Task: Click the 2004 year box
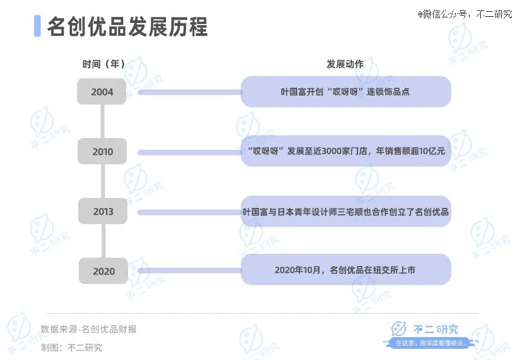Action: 102,92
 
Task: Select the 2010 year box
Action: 102,151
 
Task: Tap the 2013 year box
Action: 103,211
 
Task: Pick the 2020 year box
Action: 103,271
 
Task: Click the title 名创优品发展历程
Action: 127,26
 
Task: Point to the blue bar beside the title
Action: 37,26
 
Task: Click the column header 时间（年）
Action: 103,64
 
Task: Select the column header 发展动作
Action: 345,64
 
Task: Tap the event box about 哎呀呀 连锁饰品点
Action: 346,92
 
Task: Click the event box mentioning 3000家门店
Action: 346,151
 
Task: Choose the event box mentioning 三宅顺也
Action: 346,211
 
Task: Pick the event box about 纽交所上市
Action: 346,269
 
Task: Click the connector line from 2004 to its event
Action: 190,92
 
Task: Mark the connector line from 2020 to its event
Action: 190,270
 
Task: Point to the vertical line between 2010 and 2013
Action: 103,181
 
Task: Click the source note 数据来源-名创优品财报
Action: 89,329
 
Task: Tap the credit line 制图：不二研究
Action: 71,348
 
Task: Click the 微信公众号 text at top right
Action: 465,14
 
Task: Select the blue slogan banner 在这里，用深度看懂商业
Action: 431,343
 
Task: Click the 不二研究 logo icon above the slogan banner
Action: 398,329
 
